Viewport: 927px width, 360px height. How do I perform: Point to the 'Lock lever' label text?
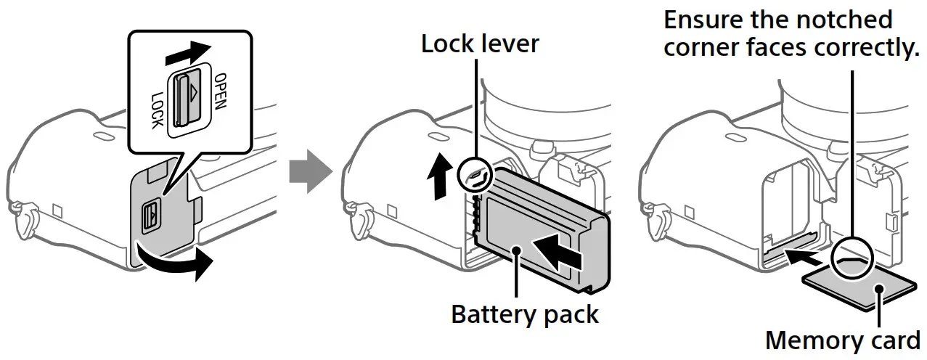pos(480,44)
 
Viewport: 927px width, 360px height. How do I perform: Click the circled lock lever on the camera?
pos(476,174)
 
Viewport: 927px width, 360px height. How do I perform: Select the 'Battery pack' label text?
pos(524,315)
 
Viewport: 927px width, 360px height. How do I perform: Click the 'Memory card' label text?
pos(842,340)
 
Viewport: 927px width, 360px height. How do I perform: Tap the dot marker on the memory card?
pos(879,290)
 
